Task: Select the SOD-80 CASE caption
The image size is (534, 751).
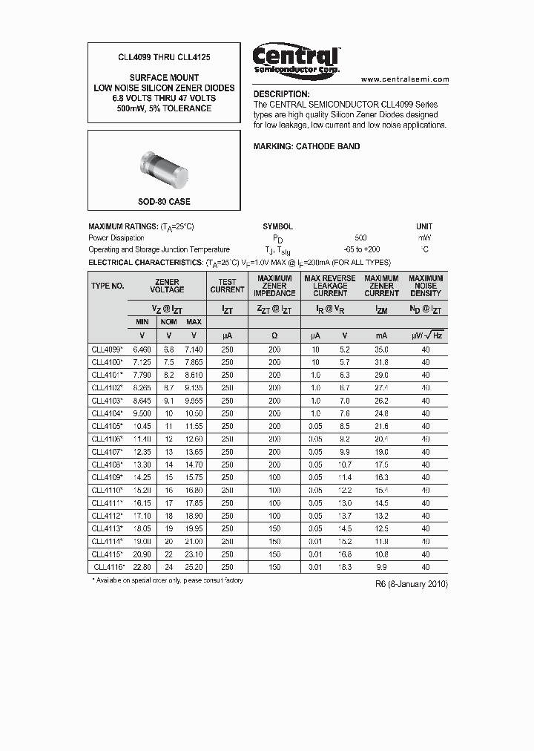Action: pyautogui.click(x=164, y=202)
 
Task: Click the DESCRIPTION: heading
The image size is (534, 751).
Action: pyautogui.click(x=281, y=94)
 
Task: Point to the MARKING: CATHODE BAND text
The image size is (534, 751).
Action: pyautogui.click(x=306, y=146)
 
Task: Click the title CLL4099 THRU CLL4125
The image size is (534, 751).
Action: pyautogui.click(x=164, y=56)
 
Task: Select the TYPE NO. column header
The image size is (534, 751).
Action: pyautogui.click(x=108, y=285)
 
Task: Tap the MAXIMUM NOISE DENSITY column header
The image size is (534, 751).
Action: pyautogui.click(x=426, y=285)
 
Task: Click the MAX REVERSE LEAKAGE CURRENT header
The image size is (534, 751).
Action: pyautogui.click(x=330, y=285)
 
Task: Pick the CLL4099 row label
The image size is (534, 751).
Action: pyautogui.click(x=108, y=349)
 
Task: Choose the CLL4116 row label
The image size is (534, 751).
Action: pyautogui.click(x=108, y=567)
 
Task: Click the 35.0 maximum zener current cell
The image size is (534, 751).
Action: pyautogui.click(x=381, y=349)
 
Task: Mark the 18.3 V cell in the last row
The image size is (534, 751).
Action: pyautogui.click(x=345, y=567)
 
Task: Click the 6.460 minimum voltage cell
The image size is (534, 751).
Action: pyautogui.click(x=142, y=349)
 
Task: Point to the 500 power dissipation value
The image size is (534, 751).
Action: pyautogui.click(x=360, y=237)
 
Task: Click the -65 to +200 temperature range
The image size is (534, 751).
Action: pyautogui.click(x=361, y=250)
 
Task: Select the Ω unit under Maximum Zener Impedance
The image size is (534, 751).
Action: pyautogui.click(x=274, y=335)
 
